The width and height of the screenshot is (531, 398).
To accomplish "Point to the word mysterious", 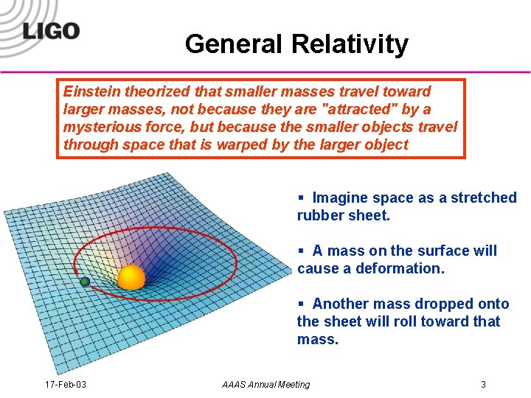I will [x=100, y=127].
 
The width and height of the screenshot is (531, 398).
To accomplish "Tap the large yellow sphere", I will [x=131, y=277].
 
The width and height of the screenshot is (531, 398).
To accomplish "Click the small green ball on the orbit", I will [x=85, y=282].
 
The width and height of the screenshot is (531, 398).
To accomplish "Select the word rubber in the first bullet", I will [x=319, y=216].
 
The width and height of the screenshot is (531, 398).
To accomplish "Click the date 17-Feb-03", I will [x=65, y=385].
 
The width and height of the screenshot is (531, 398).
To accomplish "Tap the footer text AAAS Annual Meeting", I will [x=265, y=385].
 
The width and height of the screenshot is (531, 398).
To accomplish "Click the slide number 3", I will [x=483, y=385].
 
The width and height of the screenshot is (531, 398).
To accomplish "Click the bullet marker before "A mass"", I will [x=301, y=251].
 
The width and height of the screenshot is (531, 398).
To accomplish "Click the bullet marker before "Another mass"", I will [x=301, y=304].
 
